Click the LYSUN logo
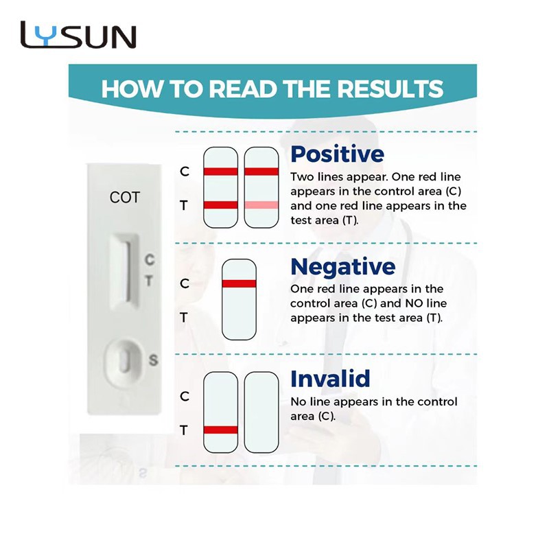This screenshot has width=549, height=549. [x=78, y=34]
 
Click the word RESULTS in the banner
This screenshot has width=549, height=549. [x=390, y=89]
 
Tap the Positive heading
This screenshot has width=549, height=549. [x=337, y=154]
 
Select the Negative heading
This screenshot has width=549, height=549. [x=342, y=267]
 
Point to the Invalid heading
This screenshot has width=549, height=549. [x=330, y=379]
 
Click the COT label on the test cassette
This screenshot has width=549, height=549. [x=125, y=198]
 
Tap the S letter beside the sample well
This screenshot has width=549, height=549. [x=153, y=360]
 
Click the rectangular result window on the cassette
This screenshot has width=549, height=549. [x=124, y=271]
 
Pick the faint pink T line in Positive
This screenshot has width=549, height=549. [x=261, y=205]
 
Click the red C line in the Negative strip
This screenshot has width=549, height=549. [x=239, y=283]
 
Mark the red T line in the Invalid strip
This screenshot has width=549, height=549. [x=220, y=430]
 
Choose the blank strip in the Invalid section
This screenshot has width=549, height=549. [x=261, y=412]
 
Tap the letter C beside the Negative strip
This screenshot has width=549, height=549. [x=185, y=283]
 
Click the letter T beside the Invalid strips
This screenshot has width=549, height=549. [x=184, y=430]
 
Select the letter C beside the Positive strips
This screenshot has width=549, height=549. [x=185, y=171]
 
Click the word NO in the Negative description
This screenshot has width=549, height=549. [x=414, y=303]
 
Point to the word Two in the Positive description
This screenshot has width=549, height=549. [x=302, y=177]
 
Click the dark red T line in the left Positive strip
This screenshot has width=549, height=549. [x=220, y=205]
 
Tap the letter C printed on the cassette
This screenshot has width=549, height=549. [x=150, y=259]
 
